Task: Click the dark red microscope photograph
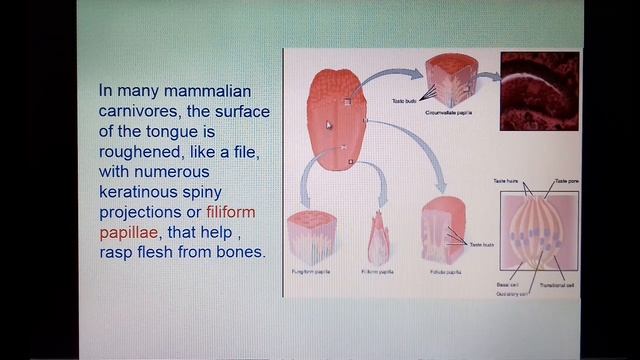539,91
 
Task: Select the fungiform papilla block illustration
310,238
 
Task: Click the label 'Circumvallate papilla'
448,114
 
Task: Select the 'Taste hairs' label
506,181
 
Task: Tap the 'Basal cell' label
507,284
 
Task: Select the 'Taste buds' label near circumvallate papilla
405,102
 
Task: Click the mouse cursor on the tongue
328,125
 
